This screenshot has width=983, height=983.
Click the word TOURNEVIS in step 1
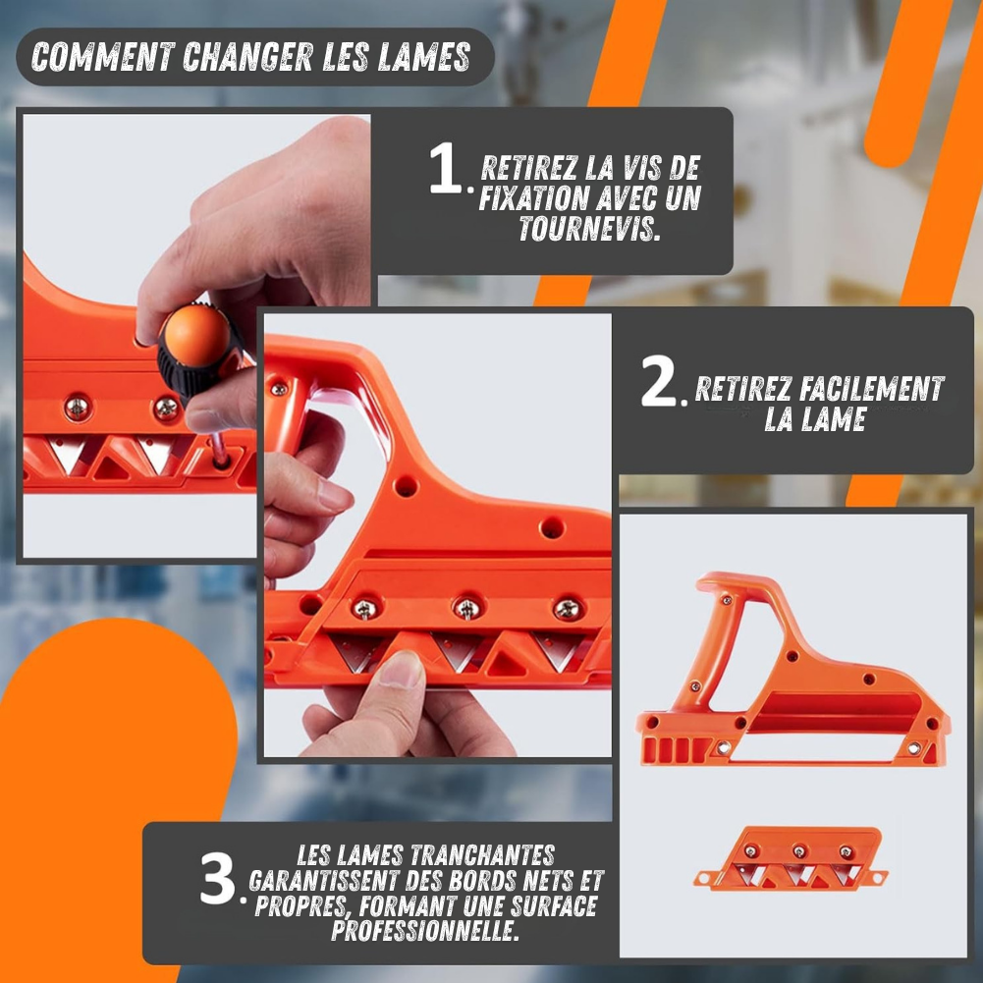tap(589, 228)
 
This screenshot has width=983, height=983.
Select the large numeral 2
tap(659, 381)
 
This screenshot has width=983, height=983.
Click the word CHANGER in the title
tap(247, 57)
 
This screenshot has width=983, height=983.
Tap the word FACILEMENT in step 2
tap(872, 389)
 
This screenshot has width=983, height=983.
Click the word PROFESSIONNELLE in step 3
tap(425, 930)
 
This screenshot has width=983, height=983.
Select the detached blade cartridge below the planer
tap(791, 857)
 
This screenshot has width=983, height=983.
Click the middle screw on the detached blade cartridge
tap(798, 851)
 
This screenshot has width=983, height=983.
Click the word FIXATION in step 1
tap(533, 198)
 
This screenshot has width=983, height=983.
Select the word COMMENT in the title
tap(103, 57)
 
